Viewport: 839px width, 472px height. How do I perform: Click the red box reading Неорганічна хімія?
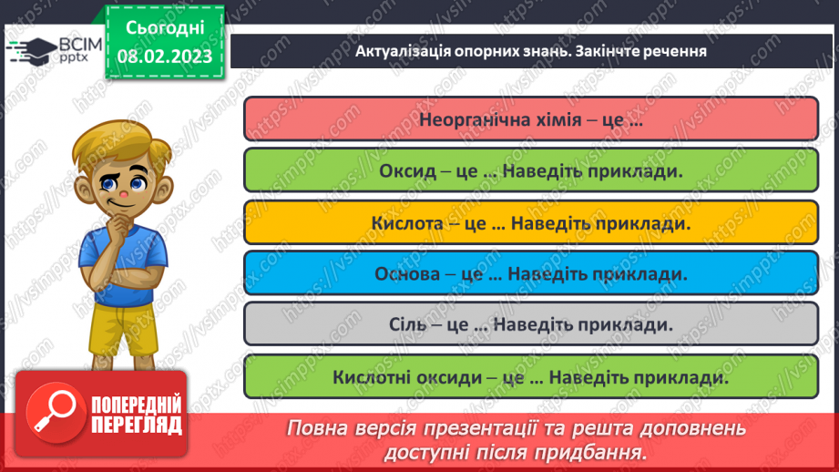click(531, 119)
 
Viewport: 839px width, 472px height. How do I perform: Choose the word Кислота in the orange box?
click(404, 222)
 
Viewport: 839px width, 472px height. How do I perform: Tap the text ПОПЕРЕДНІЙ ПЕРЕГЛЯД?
click(137, 415)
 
